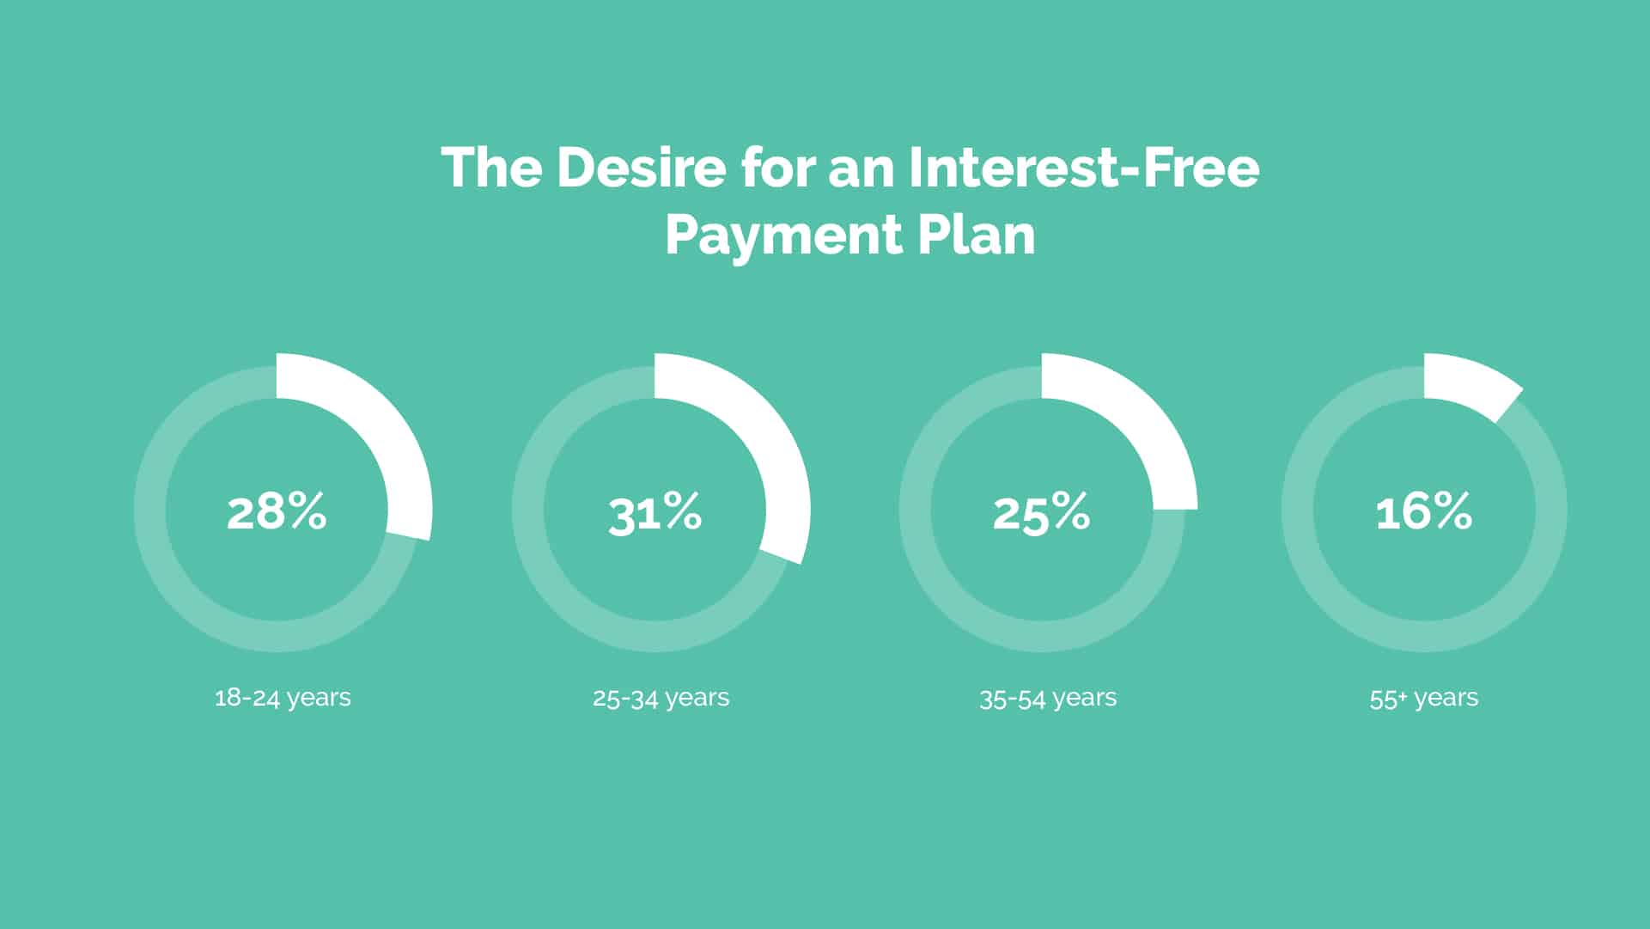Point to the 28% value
[x=277, y=511]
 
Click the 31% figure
[x=655, y=512]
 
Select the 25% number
[x=1042, y=512]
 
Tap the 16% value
[x=1424, y=511]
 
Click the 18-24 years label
[x=283, y=697]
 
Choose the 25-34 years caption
[x=661, y=697]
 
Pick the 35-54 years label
[x=1048, y=697]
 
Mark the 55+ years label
[x=1424, y=697]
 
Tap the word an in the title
[x=861, y=172]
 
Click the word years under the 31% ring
[x=697, y=699]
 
